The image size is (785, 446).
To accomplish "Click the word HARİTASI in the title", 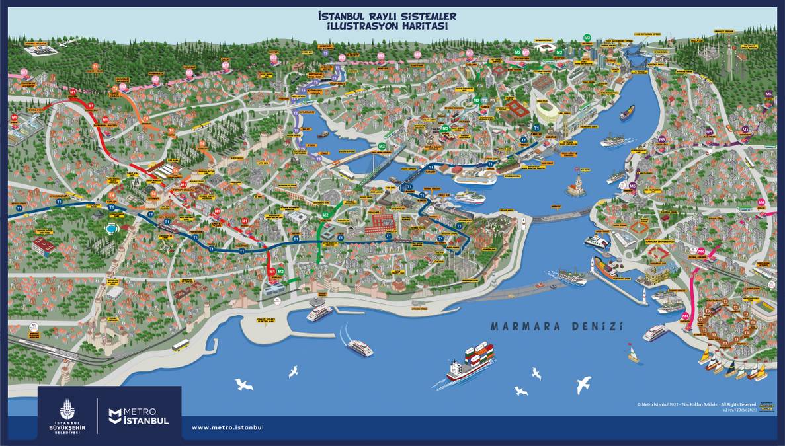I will point(424,26).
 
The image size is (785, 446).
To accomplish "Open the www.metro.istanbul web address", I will point(227,427).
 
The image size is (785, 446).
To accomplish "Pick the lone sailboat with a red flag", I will point(634,354).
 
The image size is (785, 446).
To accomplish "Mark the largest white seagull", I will point(583,385).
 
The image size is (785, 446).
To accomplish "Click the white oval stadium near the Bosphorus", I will point(546,110).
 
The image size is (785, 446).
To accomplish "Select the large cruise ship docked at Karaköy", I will point(474,176).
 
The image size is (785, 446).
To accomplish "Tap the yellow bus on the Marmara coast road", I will point(181,345).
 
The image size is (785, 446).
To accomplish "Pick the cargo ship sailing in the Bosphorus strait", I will point(626,113).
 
